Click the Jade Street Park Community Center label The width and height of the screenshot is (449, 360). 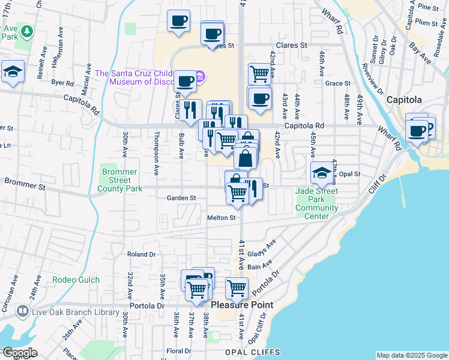(x=317, y=203)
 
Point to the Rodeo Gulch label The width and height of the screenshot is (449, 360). (x=73, y=279)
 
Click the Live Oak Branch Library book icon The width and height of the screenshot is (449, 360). (x=22, y=311)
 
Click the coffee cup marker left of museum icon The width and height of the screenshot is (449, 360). (x=186, y=80)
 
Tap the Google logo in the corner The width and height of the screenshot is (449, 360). (x=19, y=353)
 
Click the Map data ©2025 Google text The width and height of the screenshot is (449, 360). (x=412, y=355)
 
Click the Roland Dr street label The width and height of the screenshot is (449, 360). (x=142, y=254)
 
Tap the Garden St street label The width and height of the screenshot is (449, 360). (x=181, y=197)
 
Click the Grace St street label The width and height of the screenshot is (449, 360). (x=338, y=83)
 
